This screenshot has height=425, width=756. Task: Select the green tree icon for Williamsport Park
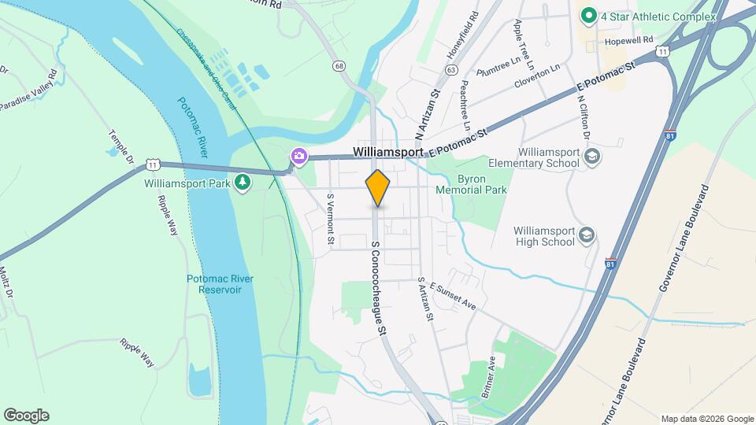point(244,183)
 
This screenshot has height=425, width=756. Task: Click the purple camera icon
point(298,155)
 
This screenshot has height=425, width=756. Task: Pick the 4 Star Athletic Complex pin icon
point(587,15)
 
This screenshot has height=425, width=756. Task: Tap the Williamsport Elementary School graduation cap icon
point(591,157)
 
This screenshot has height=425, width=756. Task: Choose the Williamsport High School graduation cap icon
point(587,235)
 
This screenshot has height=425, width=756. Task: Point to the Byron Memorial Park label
point(471,183)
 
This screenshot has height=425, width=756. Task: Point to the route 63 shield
point(450,70)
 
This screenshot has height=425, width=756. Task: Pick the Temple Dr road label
point(122,148)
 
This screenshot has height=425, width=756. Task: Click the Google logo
point(26,415)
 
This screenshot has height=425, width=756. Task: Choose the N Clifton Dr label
point(584,118)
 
